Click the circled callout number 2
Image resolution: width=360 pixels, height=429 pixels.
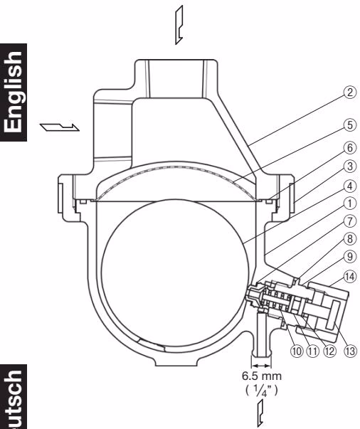[x=350, y=92]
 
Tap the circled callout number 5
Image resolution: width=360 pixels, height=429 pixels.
[x=350, y=125]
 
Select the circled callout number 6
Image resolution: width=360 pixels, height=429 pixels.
[x=350, y=148]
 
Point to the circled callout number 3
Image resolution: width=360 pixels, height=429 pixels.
[x=350, y=166]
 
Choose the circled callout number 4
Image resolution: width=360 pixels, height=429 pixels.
[x=350, y=186]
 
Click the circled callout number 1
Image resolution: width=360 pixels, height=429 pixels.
[x=350, y=204]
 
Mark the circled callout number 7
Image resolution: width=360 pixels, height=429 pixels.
[x=350, y=221]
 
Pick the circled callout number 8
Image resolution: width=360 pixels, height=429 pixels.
[x=350, y=239]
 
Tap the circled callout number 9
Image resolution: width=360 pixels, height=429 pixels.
[x=350, y=257]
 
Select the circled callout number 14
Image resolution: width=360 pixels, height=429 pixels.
[x=350, y=277]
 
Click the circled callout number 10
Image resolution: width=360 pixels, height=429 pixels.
[x=297, y=351]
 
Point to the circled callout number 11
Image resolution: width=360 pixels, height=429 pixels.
[x=312, y=351]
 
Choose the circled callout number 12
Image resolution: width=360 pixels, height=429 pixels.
[x=329, y=351]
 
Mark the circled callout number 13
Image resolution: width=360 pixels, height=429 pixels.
[x=350, y=351]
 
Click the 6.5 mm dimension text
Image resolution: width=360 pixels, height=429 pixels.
[x=262, y=376]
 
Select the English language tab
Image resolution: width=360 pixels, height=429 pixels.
[x=14, y=92]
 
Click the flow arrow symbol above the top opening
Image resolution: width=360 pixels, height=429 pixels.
[x=179, y=25]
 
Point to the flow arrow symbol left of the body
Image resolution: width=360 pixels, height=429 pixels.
[x=60, y=127]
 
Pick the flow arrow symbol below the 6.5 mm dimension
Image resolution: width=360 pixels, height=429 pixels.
[x=260, y=413]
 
